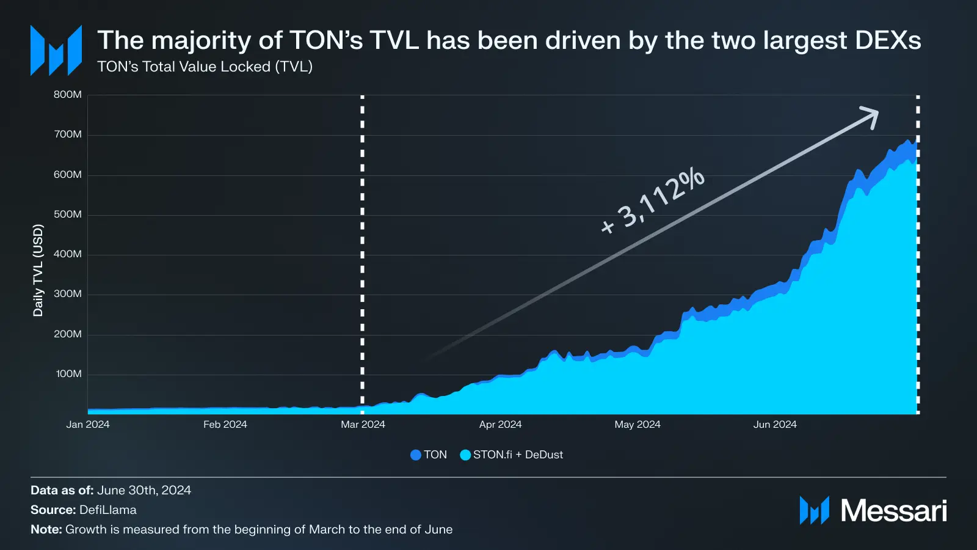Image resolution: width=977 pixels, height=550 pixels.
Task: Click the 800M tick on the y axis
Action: click(x=67, y=95)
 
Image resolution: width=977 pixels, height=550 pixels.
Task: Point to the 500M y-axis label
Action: click(x=67, y=215)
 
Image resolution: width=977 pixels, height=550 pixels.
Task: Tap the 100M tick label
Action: click(x=68, y=374)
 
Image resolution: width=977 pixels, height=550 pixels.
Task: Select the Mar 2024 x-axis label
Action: click(x=363, y=425)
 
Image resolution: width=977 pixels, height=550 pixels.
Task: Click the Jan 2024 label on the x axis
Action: click(x=88, y=425)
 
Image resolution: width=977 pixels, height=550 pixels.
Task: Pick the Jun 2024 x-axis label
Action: click(x=775, y=425)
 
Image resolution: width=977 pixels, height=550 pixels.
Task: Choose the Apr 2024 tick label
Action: click(x=500, y=425)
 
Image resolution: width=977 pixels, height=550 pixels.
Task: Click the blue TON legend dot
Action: click(x=416, y=455)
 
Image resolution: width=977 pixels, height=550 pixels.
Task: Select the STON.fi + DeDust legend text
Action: click(x=518, y=455)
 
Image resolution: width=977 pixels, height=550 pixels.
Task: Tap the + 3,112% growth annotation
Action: click(x=652, y=200)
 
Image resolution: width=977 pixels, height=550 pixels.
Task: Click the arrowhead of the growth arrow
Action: click(x=872, y=116)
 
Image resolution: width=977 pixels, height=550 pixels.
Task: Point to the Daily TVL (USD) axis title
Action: click(x=38, y=270)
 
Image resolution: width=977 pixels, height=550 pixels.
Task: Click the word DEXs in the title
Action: click(x=888, y=41)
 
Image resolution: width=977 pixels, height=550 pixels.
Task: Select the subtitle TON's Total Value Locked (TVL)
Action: click(x=205, y=67)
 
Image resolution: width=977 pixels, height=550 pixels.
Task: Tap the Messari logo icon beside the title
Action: click(x=56, y=51)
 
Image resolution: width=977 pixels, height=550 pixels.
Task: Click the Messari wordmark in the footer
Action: click(x=893, y=511)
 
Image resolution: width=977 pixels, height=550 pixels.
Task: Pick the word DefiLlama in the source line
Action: click(x=108, y=510)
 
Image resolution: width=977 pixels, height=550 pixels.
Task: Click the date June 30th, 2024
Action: click(x=144, y=491)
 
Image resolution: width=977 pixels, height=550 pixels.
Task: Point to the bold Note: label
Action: click(x=46, y=530)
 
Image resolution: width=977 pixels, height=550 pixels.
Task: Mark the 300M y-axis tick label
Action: click(x=67, y=294)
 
